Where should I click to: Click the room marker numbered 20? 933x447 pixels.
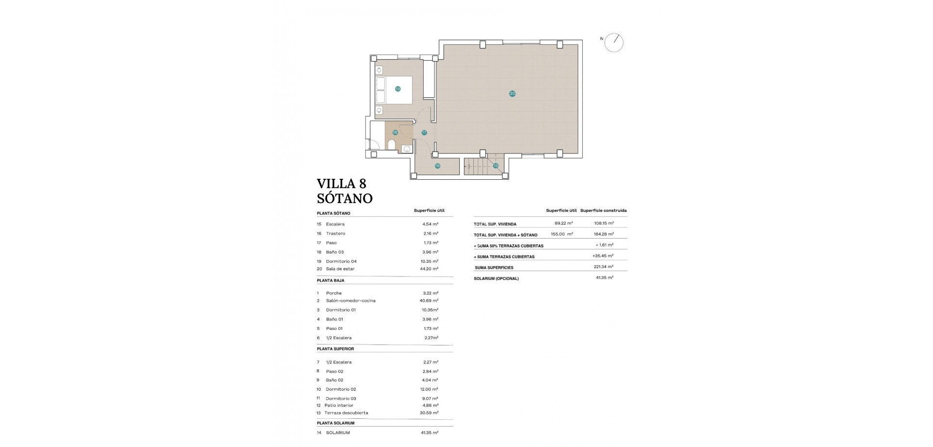[x=512, y=93]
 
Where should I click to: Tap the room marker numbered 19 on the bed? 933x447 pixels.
[x=397, y=89]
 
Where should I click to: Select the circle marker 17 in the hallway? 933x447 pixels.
[x=424, y=132]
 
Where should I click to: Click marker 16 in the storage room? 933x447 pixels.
[x=437, y=166]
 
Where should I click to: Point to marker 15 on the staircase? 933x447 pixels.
[x=496, y=166]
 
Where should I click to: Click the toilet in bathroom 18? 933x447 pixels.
[x=392, y=144]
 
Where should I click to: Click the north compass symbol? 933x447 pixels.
[x=614, y=43]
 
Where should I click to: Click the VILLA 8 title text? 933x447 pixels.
[x=341, y=184]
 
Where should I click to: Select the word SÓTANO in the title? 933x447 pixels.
[x=345, y=198]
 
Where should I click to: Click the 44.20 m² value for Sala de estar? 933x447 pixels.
[x=429, y=269]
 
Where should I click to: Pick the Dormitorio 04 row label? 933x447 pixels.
[x=341, y=261]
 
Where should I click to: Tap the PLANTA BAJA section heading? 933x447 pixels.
[x=330, y=280]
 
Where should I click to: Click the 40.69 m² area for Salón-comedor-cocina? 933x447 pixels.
[x=429, y=301]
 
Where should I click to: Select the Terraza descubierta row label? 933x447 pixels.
[x=346, y=413]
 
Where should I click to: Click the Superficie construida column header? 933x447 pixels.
[x=603, y=210]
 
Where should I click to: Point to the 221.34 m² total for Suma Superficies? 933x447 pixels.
[x=603, y=267]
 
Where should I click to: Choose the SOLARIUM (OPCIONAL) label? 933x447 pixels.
[x=496, y=279]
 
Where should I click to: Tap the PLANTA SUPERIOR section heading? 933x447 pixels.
[x=335, y=349]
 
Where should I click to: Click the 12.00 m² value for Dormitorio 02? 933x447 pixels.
[x=429, y=389]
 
